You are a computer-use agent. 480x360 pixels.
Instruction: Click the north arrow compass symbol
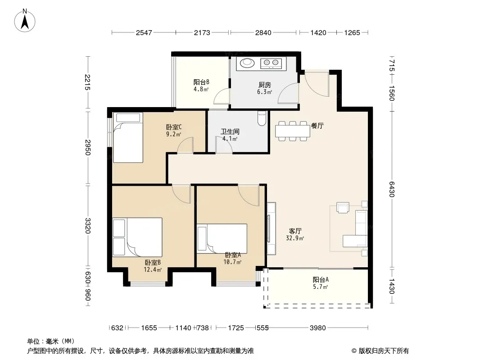(x=25, y=21)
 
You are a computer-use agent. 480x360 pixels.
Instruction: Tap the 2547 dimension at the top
(x=144, y=32)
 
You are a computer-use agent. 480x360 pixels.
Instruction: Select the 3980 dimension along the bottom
(x=318, y=328)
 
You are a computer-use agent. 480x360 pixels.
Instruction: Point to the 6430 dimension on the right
(x=392, y=189)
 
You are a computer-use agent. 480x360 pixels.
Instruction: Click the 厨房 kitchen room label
(x=265, y=85)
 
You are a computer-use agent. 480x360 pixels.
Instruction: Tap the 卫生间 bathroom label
(x=230, y=131)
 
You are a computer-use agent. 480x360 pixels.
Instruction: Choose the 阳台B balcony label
(x=201, y=82)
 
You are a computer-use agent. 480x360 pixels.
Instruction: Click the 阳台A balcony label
(x=321, y=279)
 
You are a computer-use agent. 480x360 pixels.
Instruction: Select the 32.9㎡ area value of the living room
(x=295, y=238)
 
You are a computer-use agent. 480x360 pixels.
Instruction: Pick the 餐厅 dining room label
(x=317, y=126)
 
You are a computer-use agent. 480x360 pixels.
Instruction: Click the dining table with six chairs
(x=293, y=131)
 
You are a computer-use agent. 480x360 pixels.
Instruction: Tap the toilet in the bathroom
(x=262, y=118)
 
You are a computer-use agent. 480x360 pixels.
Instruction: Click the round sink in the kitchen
(x=247, y=63)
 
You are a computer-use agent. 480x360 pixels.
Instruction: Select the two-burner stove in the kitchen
(x=271, y=63)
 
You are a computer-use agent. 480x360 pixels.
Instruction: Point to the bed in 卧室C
(x=128, y=138)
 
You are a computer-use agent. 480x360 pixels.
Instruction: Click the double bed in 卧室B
(x=137, y=237)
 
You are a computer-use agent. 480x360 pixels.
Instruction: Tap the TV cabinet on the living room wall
(x=272, y=229)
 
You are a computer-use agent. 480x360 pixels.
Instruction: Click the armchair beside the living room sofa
(x=343, y=207)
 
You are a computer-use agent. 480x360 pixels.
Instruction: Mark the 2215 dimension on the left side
(x=87, y=82)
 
